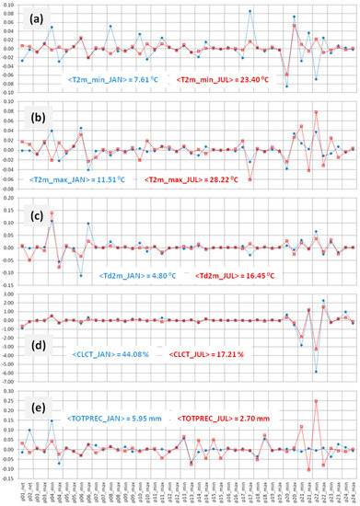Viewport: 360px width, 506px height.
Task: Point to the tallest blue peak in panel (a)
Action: (x=250, y=11)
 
